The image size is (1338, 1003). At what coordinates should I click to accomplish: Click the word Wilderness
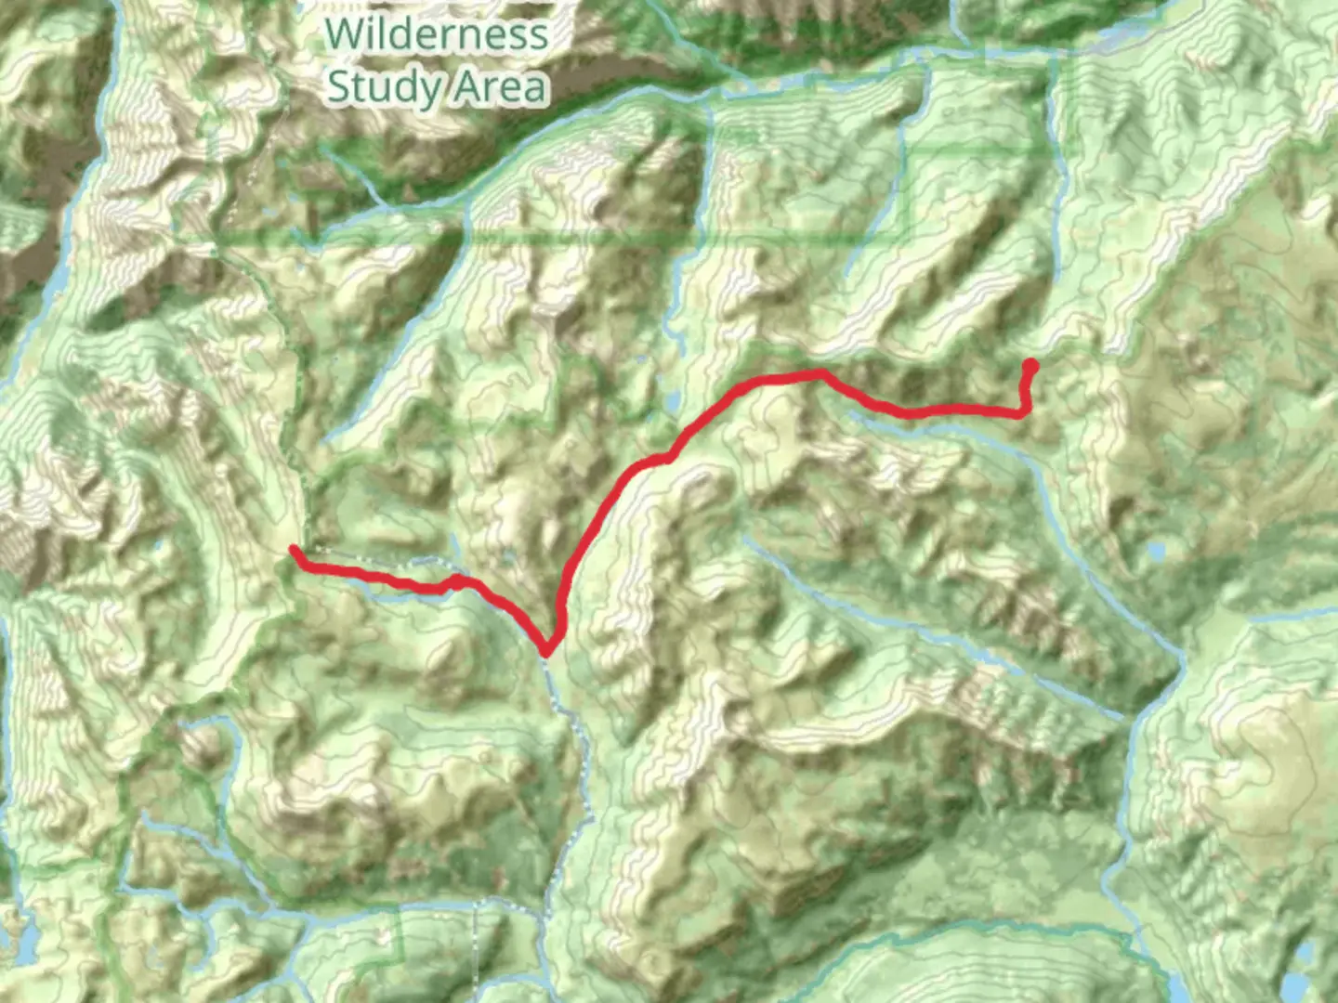[x=437, y=34]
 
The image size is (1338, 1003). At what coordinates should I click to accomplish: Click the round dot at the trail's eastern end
[x=1030, y=365]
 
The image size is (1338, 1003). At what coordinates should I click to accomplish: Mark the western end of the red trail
[x=295, y=551]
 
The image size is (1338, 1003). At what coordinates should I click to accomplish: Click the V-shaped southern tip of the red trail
[x=547, y=649]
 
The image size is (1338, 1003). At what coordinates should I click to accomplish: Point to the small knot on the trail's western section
[x=455, y=581]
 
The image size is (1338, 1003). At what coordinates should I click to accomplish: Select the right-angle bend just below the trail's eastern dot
[x=1024, y=410]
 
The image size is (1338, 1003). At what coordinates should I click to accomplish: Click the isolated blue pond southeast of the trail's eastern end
[x=1157, y=553]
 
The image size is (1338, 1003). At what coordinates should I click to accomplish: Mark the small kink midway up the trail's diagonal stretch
[x=667, y=456]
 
